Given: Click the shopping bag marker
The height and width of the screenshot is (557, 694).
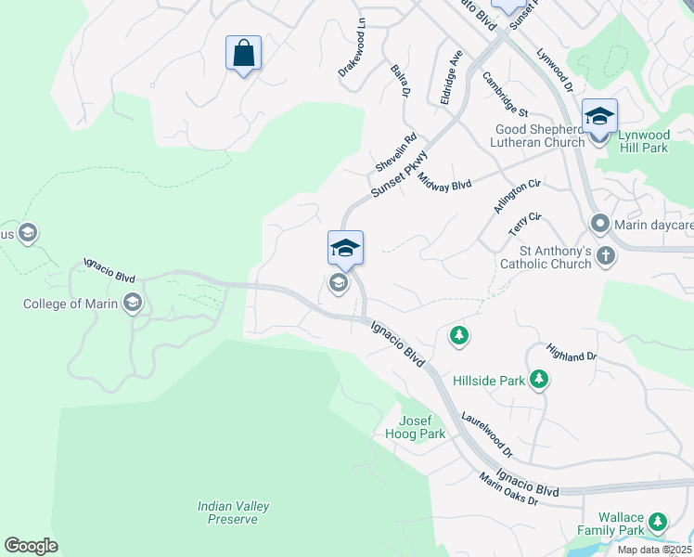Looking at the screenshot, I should point(243,53).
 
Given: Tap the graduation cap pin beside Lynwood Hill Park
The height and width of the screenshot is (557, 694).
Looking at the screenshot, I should point(599,117).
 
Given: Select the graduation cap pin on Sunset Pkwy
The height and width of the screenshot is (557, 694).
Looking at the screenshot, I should point(345,249).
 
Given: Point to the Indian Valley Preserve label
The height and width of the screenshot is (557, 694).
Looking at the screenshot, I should point(233,512).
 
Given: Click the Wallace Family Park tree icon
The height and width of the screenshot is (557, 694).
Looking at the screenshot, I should point(659,522).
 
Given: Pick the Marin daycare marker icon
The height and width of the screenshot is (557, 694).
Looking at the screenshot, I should point(599,224).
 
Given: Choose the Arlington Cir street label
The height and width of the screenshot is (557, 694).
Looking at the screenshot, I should point(517,197).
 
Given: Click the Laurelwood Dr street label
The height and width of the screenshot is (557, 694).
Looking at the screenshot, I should point(486,434).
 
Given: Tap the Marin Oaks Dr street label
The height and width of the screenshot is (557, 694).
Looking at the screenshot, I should point(508,488).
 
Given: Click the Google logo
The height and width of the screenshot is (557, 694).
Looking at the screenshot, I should point(31,546).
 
